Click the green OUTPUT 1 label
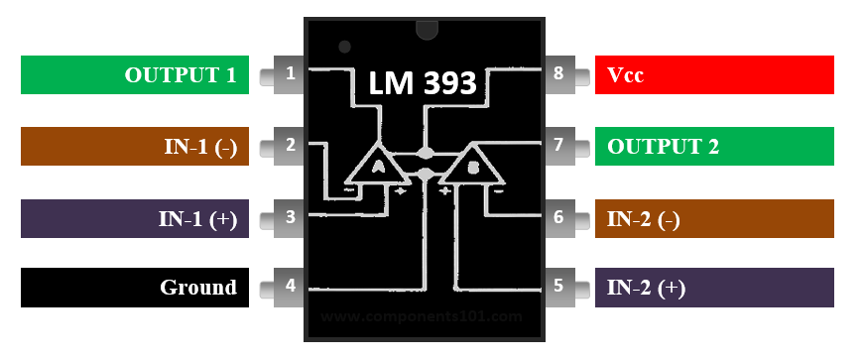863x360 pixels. point(135,75)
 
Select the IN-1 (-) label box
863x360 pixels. point(135,146)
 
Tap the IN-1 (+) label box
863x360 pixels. point(135,218)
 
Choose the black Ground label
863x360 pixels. point(135,288)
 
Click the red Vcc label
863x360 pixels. point(714,75)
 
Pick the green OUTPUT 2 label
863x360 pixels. point(714,146)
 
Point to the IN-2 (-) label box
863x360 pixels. point(714,218)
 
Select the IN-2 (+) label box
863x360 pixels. point(714,288)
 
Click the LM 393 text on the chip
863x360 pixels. point(424,83)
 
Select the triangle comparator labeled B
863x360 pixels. point(472,168)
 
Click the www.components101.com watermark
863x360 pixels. point(422,316)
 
